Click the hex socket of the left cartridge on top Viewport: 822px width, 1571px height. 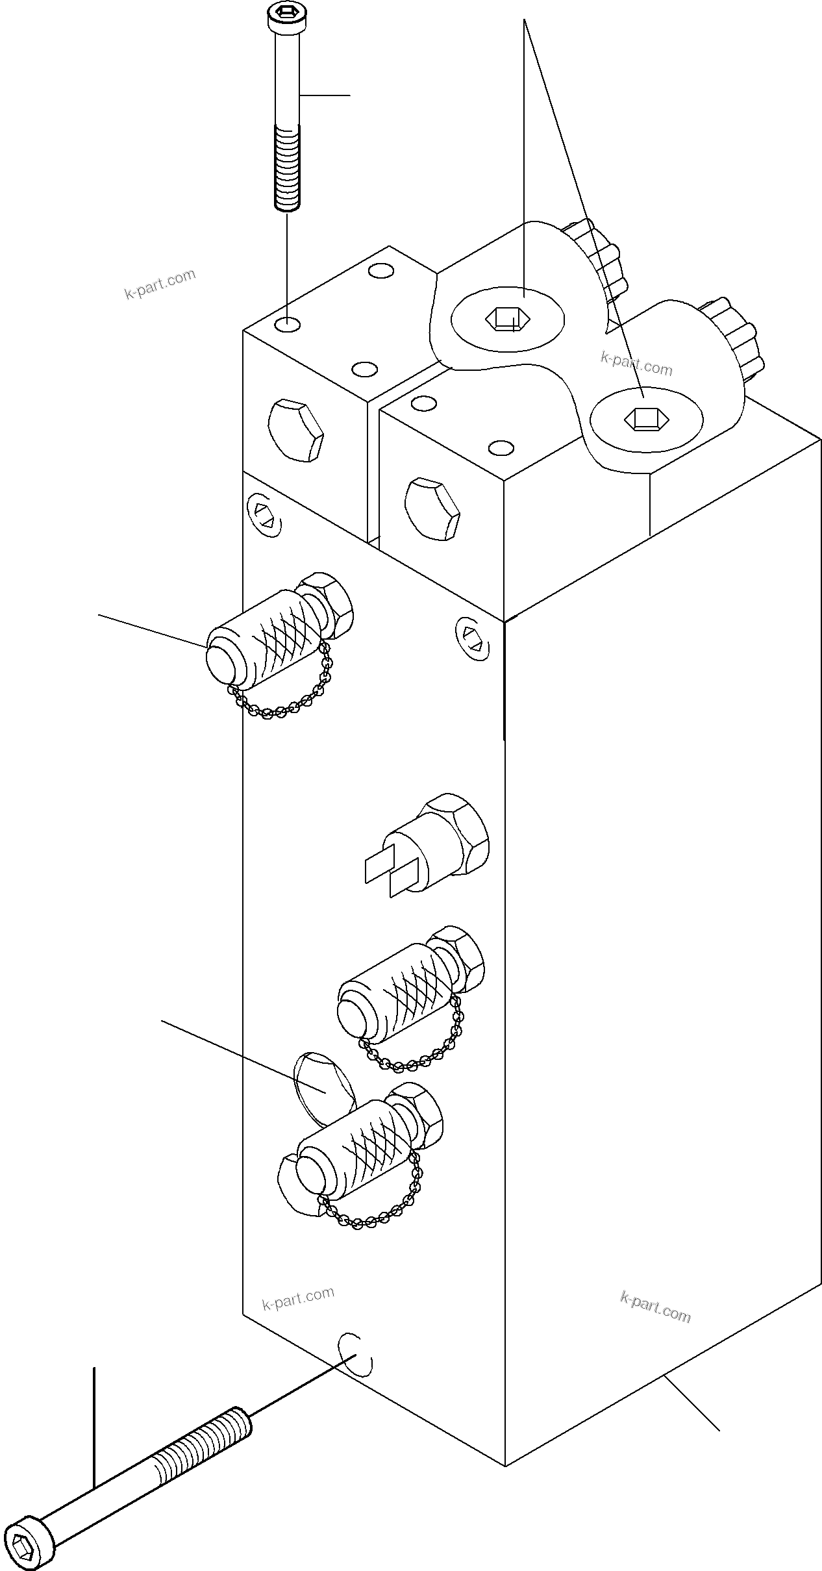(507, 319)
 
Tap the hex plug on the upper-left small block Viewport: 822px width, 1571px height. (295, 431)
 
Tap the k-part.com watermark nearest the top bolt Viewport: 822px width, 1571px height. (160, 283)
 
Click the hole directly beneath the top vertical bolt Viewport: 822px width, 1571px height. (287, 324)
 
